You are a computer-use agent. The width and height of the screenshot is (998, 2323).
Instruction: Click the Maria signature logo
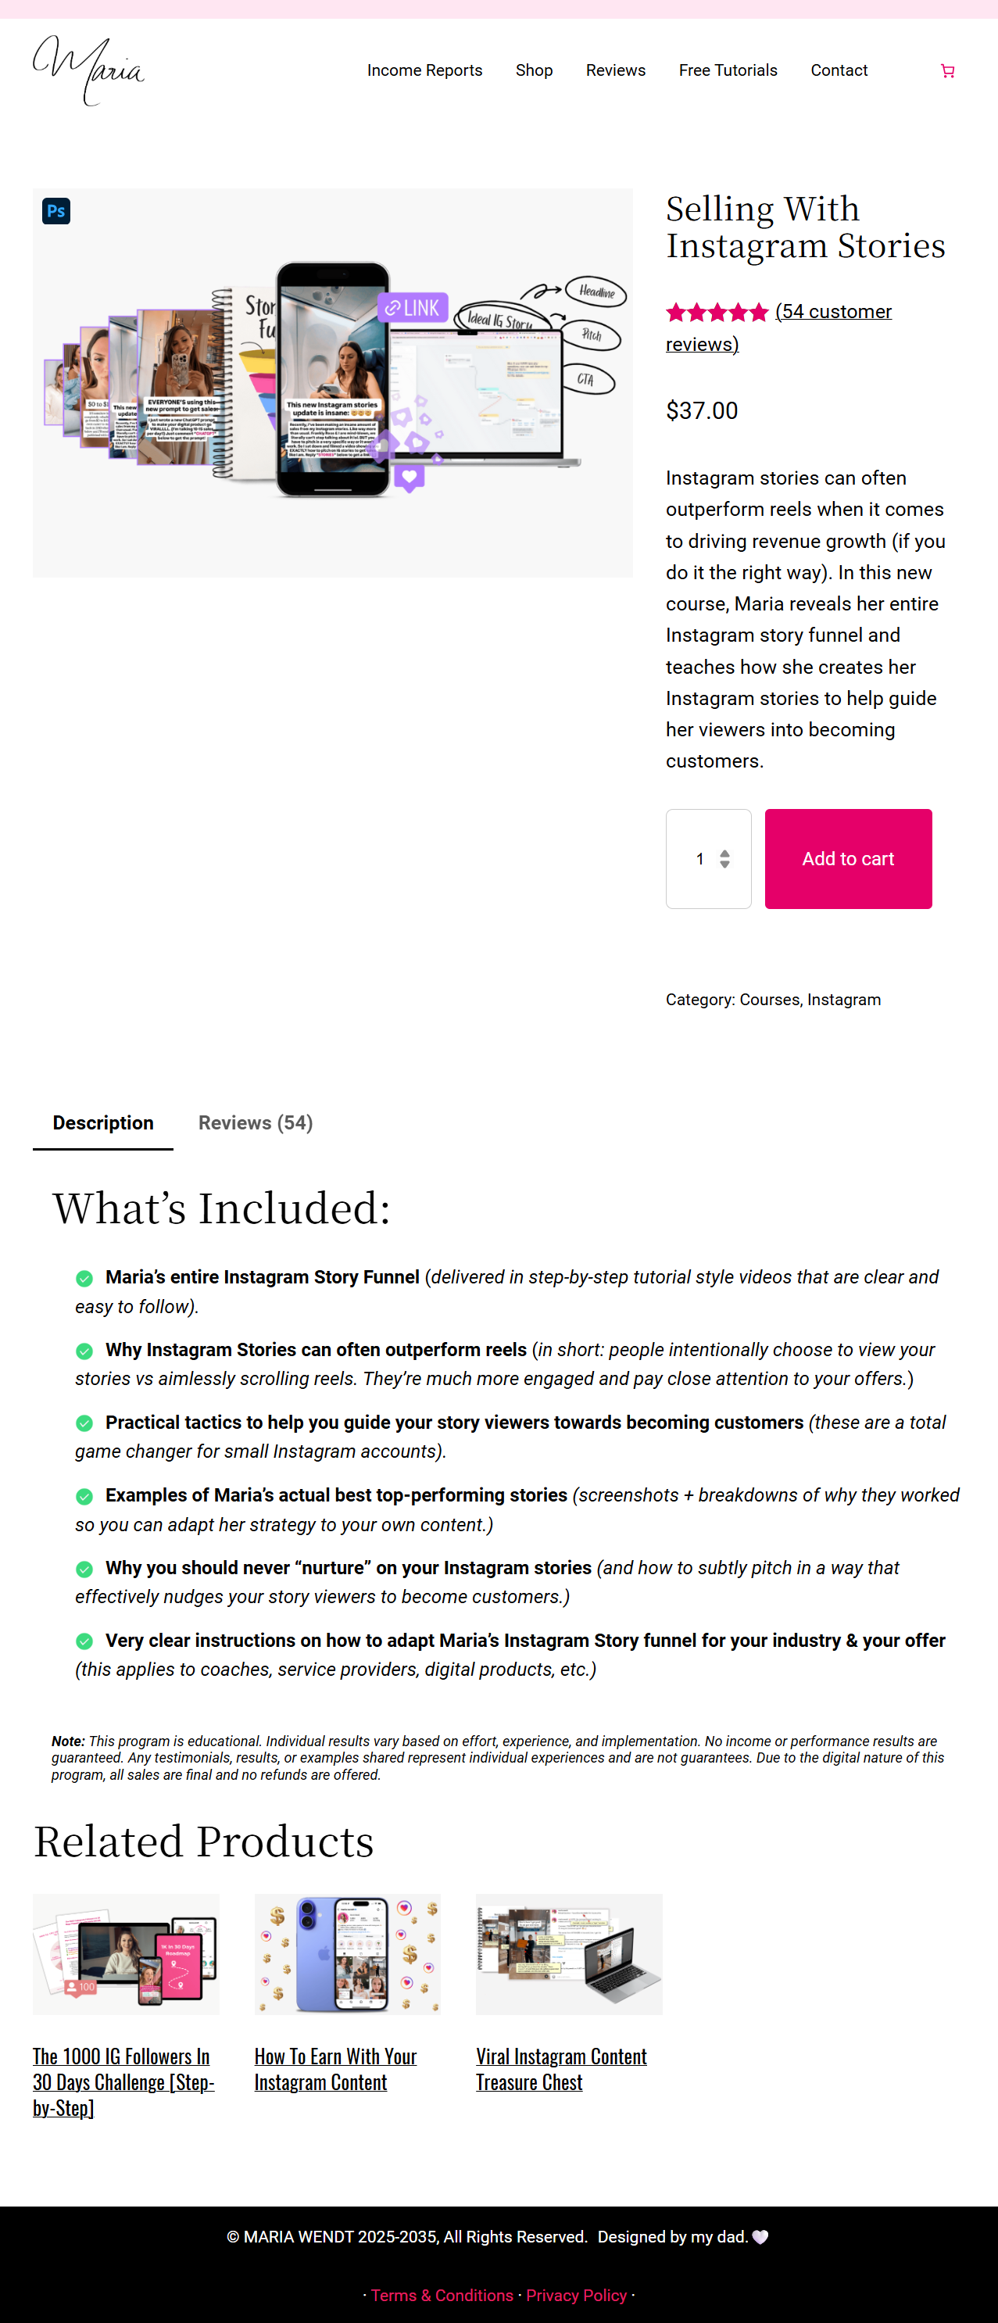(88, 70)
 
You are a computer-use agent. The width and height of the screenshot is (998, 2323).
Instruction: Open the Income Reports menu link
(424, 70)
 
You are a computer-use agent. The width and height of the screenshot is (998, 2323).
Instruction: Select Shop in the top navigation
(534, 70)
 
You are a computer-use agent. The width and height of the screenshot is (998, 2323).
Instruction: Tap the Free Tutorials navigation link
(728, 70)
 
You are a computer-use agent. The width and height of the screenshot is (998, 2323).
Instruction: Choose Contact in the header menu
(839, 70)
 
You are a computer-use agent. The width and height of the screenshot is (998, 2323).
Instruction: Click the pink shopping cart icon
(946, 70)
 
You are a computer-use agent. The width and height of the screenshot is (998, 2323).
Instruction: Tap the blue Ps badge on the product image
(56, 211)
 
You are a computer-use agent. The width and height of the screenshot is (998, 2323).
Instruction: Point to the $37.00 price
(701, 411)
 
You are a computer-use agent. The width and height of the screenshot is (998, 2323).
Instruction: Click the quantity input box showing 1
(701, 858)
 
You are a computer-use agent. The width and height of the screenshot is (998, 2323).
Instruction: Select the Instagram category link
(844, 999)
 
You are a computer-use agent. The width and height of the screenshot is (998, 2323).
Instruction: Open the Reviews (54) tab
(255, 1122)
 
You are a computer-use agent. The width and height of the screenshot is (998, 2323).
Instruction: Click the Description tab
(103, 1122)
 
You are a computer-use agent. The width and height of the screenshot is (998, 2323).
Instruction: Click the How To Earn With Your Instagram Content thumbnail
(347, 1953)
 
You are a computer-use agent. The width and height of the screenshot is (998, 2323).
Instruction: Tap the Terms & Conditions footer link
(442, 2295)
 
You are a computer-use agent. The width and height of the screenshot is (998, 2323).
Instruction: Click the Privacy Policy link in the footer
(576, 2295)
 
